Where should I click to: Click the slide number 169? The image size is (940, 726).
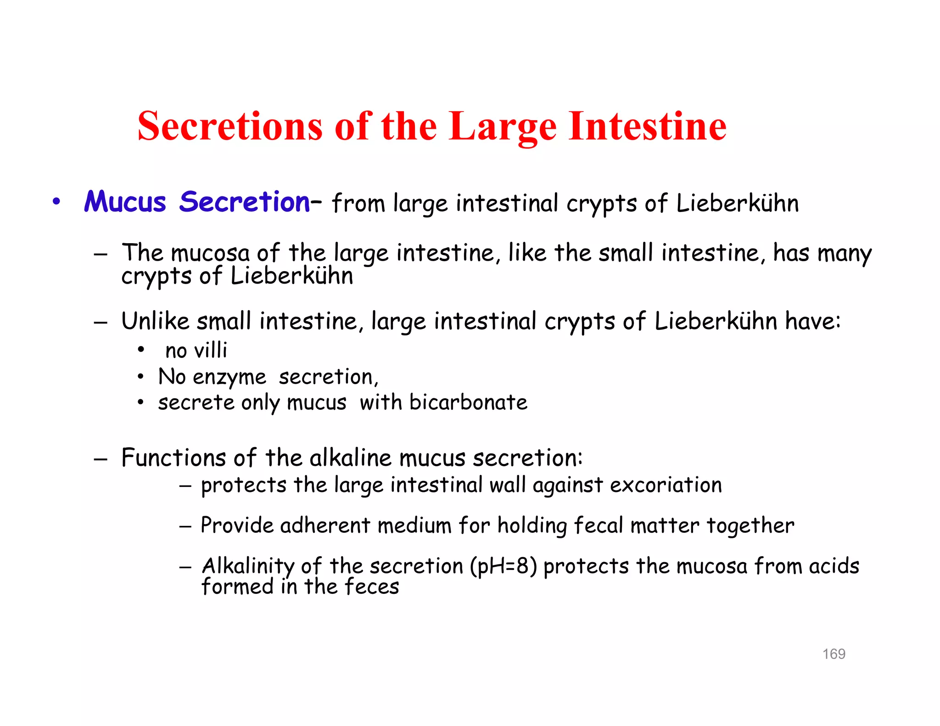click(x=834, y=654)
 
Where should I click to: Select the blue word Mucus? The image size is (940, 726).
click(x=125, y=202)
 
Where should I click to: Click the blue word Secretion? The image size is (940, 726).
click(x=245, y=202)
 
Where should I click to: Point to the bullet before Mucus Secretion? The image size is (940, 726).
click(x=56, y=201)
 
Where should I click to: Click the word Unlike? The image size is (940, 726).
click(x=155, y=321)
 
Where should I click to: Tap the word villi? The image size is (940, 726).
click(x=211, y=351)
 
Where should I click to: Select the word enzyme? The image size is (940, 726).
click(x=229, y=378)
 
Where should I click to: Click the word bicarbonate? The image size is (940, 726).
click(x=468, y=402)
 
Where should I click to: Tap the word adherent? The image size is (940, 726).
click(x=325, y=525)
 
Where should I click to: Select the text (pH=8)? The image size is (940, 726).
click(x=503, y=566)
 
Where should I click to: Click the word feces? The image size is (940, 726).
click(x=372, y=587)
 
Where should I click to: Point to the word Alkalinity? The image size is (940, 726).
click(x=248, y=566)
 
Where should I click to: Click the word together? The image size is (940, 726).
click(x=750, y=525)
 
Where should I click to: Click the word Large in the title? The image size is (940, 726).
click(x=503, y=127)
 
